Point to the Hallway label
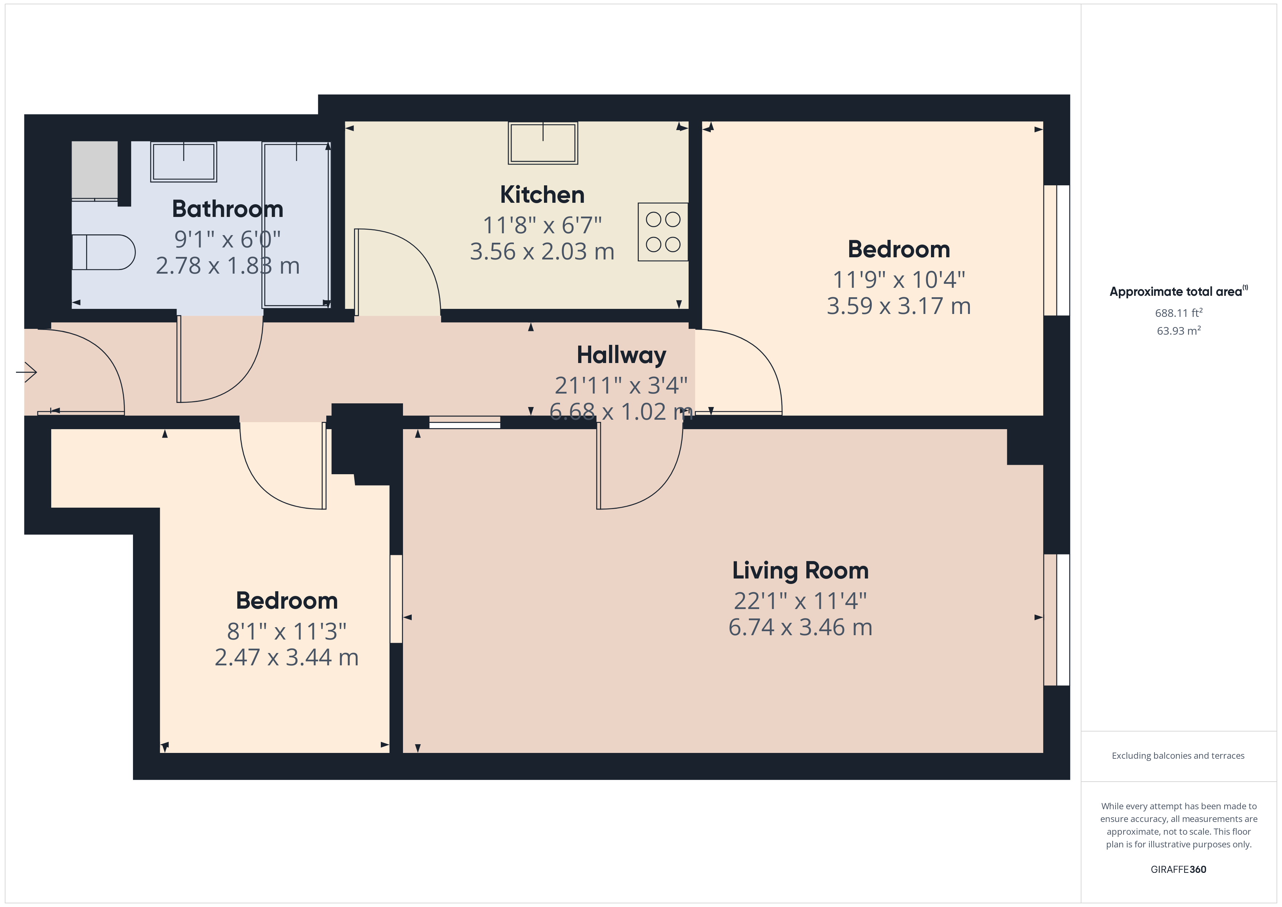click(621, 355)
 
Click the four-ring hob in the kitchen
click(663, 232)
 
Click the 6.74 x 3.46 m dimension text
click(800, 627)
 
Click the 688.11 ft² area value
click(1178, 313)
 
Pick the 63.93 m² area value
click(1178, 331)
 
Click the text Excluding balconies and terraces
click(1178, 755)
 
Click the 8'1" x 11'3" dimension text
click(286, 632)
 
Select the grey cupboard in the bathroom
click(95, 170)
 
